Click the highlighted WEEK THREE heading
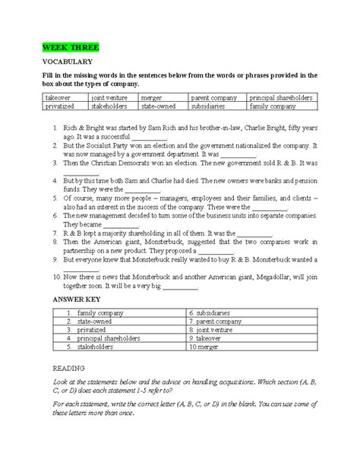pos(71,49)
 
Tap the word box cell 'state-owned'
pos(162,107)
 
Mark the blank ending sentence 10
pos(180,289)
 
